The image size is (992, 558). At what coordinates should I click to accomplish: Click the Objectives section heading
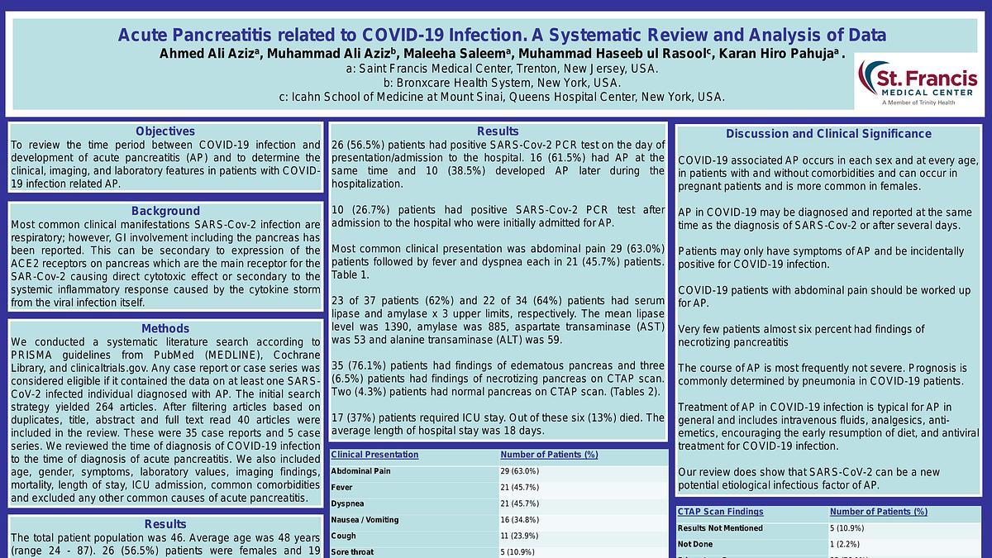click(165, 131)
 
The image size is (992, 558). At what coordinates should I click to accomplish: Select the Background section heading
click(165, 211)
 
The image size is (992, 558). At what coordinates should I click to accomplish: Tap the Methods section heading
click(165, 328)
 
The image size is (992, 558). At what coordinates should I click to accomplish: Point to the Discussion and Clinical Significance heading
click(828, 134)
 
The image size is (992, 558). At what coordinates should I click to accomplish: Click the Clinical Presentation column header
click(374, 455)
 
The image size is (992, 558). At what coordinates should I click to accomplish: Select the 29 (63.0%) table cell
click(519, 471)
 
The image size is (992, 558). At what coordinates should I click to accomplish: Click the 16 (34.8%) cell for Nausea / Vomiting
click(519, 520)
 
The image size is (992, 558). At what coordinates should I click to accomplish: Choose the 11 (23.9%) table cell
click(519, 536)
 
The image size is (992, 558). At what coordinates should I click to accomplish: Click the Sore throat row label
click(352, 551)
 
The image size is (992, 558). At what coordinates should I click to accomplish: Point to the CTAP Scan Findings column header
click(720, 512)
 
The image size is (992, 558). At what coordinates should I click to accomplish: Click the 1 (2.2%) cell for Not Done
click(845, 544)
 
